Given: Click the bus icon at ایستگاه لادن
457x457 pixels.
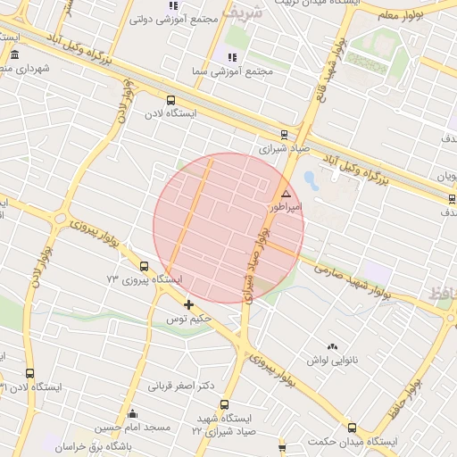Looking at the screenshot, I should click(x=170, y=101).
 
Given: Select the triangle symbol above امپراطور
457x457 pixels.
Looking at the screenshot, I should click(x=286, y=194).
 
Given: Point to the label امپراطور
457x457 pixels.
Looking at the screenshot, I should click(x=287, y=206).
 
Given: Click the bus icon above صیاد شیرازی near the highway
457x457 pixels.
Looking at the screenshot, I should click(x=284, y=135).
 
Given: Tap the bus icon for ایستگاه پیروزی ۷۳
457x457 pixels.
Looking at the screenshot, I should click(x=144, y=266).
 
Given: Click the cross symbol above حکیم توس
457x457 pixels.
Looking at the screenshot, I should click(x=188, y=304).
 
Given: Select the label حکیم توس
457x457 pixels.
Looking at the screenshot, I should click(x=189, y=318).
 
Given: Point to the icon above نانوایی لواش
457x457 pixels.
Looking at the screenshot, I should click(x=333, y=346).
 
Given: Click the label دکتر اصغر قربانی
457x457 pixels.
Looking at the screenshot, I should click(x=183, y=386).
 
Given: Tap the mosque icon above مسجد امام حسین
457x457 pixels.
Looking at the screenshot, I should click(x=132, y=413).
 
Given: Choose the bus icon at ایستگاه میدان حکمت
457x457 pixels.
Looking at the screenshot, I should click(x=352, y=428).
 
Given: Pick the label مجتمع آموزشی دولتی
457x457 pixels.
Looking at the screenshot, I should click(x=175, y=19).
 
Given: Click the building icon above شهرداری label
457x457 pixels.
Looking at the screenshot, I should click(x=14, y=55).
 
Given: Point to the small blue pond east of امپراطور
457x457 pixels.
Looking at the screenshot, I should click(x=310, y=179).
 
